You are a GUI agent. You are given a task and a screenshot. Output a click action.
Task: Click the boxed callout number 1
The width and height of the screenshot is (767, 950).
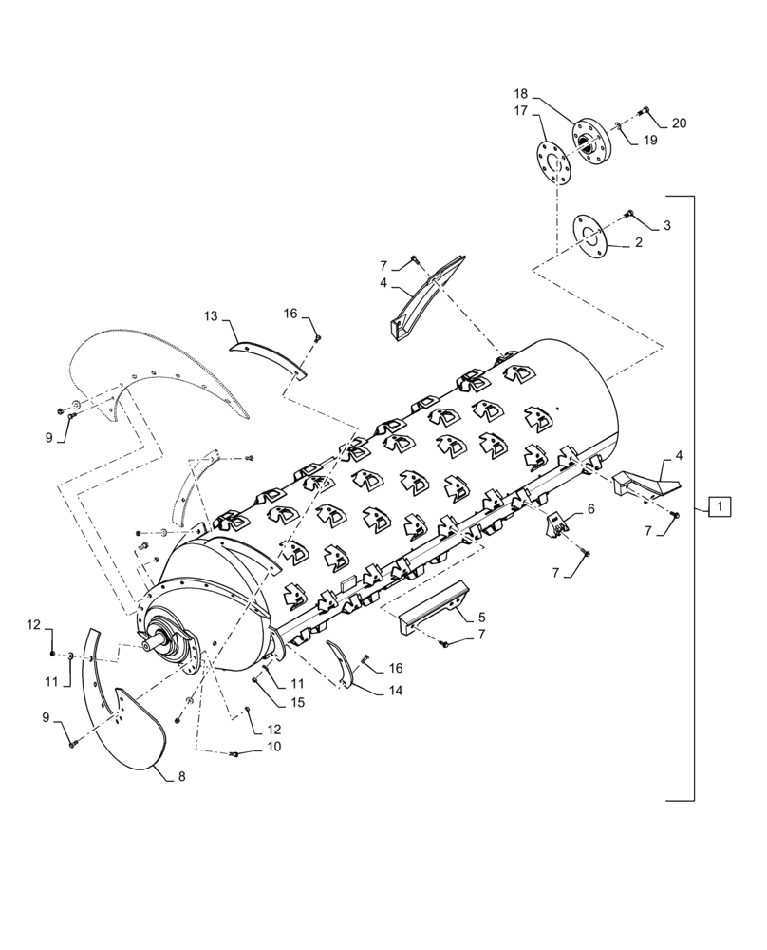pyautogui.click(x=720, y=508)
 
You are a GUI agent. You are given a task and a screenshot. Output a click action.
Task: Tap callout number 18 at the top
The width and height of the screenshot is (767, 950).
pyautogui.click(x=520, y=94)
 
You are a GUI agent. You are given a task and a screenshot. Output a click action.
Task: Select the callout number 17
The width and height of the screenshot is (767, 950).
pyautogui.click(x=520, y=110)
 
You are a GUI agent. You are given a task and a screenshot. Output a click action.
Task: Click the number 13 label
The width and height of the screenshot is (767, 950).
pyautogui.click(x=211, y=314)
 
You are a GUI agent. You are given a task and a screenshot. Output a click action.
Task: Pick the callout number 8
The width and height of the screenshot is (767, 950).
pyautogui.click(x=181, y=776)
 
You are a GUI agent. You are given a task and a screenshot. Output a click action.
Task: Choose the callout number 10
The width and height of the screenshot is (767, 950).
pyautogui.click(x=274, y=747)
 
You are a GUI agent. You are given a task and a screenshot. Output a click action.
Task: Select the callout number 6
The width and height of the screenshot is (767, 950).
pyautogui.click(x=590, y=509)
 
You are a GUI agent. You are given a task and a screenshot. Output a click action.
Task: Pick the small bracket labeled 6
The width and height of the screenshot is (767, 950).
pyautogui.click(x=557, y=523)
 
